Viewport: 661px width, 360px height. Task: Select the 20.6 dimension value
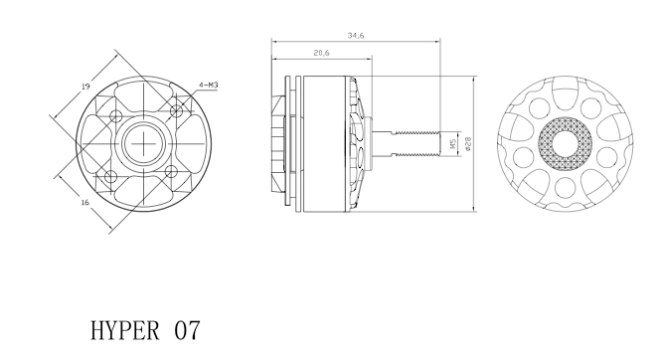(321, 53)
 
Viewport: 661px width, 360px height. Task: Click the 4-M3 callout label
(209, 87)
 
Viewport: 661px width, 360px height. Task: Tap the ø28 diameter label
(467, 143)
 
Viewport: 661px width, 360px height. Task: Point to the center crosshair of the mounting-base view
(145, 143)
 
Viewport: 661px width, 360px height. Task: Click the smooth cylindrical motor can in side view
(324, 142)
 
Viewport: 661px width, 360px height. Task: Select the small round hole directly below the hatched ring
(564, 186)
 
